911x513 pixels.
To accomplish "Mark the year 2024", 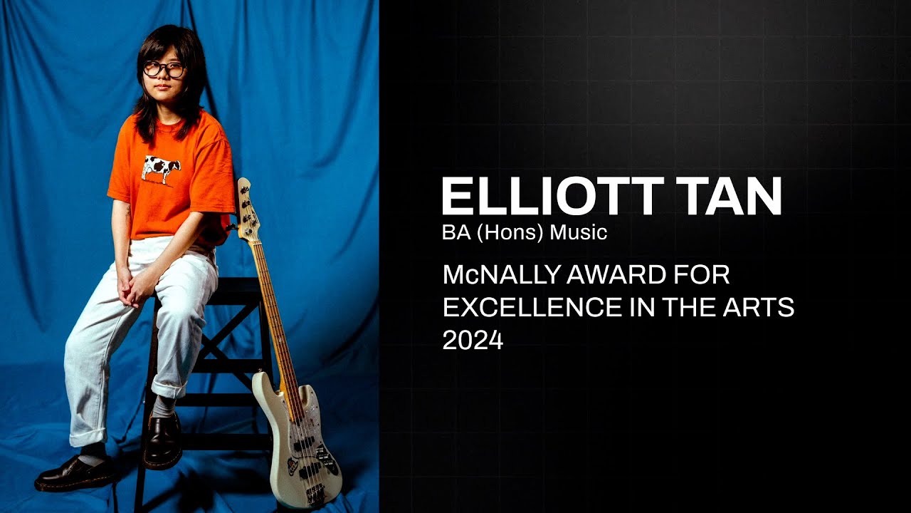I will (473, 341).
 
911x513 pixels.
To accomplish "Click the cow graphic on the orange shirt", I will (161, 168).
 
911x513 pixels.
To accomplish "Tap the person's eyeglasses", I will (164, 70).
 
